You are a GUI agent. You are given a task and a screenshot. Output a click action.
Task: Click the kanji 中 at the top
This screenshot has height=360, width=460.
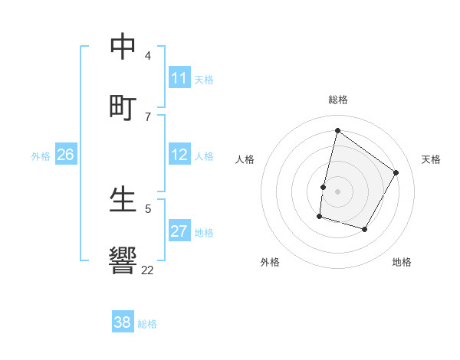(123, 46)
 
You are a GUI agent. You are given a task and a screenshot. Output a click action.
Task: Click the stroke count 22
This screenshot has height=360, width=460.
(147, 270)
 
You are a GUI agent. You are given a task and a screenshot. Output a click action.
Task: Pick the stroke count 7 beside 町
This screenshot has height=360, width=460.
(147, 116)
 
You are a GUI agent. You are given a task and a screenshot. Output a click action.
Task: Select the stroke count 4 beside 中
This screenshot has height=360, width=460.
(147, 55)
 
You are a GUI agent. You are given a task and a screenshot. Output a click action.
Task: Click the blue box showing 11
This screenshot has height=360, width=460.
(179, 78)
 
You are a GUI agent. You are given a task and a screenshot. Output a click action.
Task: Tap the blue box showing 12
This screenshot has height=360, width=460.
(179, 155)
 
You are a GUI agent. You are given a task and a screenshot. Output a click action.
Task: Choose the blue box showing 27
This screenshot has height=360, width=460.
(179, 231)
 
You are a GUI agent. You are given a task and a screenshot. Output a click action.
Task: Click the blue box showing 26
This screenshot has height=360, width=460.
(65, 155)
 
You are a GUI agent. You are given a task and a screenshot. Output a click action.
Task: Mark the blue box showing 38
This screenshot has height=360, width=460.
(123, 322)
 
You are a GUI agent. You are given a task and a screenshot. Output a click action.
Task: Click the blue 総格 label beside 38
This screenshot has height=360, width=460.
(147, 324)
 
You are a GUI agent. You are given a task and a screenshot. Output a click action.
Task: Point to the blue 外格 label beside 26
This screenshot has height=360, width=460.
(41, 156)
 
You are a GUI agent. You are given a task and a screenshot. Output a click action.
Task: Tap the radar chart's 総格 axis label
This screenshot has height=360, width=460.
(337, 100)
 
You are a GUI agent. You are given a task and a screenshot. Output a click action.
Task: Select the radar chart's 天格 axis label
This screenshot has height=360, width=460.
(431, 159)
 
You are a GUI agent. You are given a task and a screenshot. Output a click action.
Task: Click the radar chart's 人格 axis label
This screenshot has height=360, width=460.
(245, 159)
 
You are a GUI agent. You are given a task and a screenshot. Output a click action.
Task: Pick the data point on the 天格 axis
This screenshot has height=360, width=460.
(396, 172)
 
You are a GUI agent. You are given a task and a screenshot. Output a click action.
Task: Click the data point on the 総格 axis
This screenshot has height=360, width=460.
(337, 130)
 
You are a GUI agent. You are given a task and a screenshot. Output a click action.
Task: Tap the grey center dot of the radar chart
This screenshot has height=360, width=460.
(337, 191)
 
